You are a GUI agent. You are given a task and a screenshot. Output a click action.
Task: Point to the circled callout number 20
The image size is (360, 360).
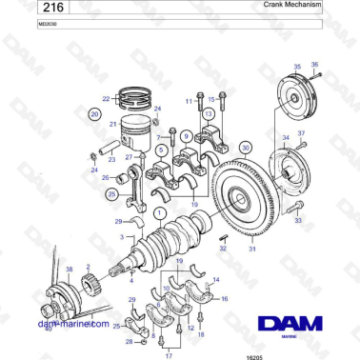(x=94, y=113)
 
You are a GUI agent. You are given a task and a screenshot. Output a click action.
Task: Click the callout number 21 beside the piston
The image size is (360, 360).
(x=112, y=124)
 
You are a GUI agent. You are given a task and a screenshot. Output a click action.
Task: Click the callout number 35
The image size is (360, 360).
(x=296, y=68)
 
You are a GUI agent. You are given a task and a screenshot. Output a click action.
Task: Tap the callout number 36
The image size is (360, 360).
(x=315, y=65)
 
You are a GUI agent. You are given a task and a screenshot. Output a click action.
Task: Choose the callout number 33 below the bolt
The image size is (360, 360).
(x=297, y=220)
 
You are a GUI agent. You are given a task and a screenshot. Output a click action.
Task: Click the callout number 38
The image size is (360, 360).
(x=69, y=270)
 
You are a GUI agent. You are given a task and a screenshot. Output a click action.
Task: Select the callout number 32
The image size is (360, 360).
(x=223, y=249)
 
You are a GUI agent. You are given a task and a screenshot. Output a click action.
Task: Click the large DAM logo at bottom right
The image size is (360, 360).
(x=287, y=324)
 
